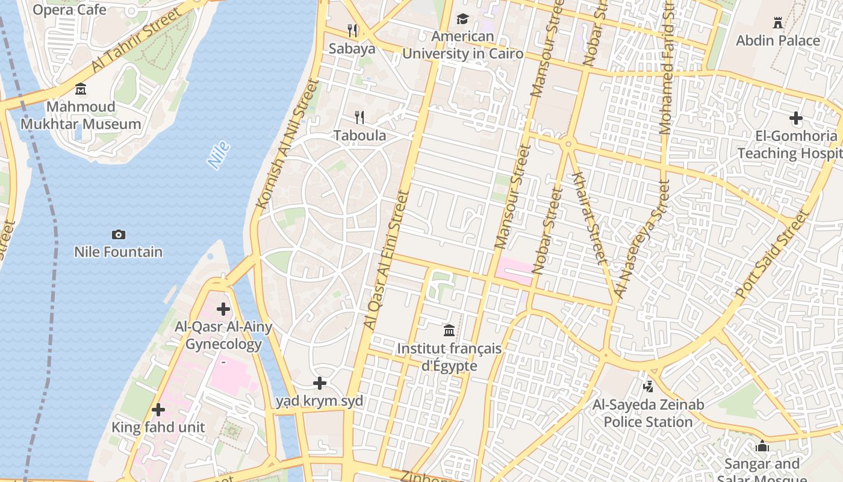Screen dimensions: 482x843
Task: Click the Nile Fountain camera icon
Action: tap(119, 234)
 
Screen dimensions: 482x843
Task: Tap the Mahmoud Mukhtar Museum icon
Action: tap(81, 90)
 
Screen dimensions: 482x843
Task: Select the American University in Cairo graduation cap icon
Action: tap(462, 19)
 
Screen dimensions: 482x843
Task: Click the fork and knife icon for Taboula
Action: tap(359, 117)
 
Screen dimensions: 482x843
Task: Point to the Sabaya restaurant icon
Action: tap(352, 30)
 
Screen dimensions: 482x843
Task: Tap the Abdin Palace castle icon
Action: tap(778, 23)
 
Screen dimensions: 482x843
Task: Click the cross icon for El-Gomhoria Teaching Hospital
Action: tap(796, 118)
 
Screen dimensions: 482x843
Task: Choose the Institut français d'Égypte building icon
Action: tap(449, 330)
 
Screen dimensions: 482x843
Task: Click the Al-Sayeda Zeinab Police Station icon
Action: tap(648, 386)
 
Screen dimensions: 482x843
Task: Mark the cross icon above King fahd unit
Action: tap(158, 410)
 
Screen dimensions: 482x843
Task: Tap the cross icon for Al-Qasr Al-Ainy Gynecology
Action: tap(223, 309)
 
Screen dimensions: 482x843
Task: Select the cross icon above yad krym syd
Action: tap(320, 383)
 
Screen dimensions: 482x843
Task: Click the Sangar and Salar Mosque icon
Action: tap(762, 446)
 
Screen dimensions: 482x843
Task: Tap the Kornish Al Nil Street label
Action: tap(287, 145)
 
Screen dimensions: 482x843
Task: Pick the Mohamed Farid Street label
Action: tap(667, 66)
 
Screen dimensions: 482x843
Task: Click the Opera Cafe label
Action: tap(69, 10)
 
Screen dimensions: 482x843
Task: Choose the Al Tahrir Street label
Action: tap(136, 40)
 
